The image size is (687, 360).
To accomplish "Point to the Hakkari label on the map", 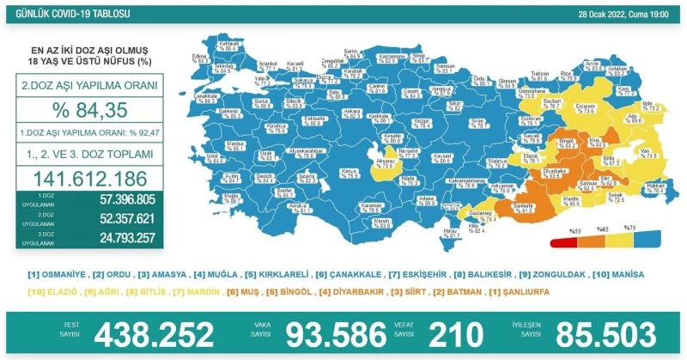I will [655, 187].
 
